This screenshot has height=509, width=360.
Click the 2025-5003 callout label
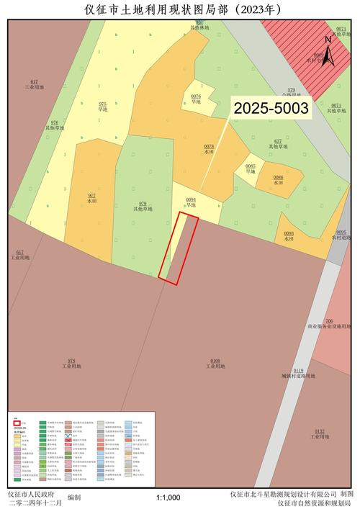click(x=271, y=109)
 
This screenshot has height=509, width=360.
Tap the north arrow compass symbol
click(x=328, y=51)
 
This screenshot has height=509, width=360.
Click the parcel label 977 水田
click(x=91, y=199)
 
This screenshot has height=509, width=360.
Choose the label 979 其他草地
click(x=143, y=207)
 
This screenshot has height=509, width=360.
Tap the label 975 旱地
click(x=102, y=107)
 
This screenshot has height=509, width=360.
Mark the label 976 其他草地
click(x=55, y=125)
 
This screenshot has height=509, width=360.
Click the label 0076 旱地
click(x=196, y=99)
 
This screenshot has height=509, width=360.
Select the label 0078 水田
click(x=209, y=149)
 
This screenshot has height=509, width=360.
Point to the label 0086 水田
click(x=278, y=180)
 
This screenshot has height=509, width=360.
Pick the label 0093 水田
click(x=289, y=236)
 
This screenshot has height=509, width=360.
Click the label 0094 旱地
click(x=191, y=202)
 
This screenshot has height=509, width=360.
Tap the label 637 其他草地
click(x=278, y=144)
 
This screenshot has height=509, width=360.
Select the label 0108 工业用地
click(x=215, y=364)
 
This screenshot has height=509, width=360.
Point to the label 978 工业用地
click(x=71, y=364)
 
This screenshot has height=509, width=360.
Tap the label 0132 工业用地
click(x=320, y=434)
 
